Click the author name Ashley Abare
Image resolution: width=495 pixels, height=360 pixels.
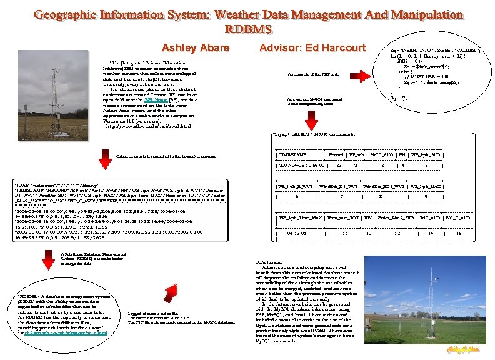coord(195,48)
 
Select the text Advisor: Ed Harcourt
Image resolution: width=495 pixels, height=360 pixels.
coord(312,48)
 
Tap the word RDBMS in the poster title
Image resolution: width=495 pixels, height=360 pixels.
coord(248,29)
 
